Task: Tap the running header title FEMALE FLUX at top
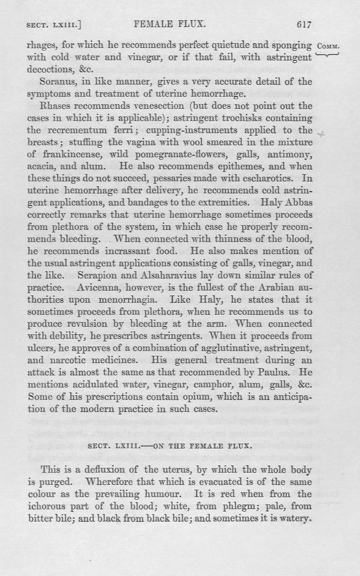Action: click(170, 25)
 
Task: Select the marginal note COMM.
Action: click(331, 47)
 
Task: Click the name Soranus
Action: click(57, 82)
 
